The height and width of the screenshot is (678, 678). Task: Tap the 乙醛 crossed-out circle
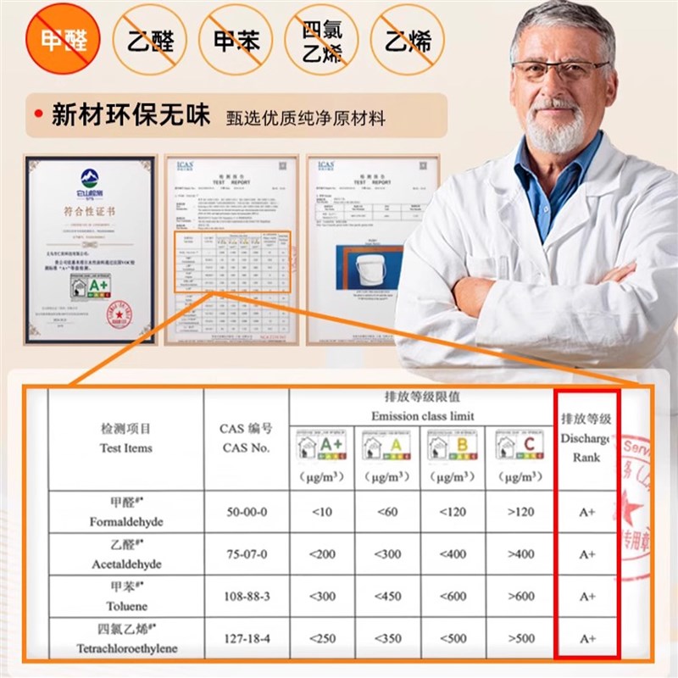pos(150,40)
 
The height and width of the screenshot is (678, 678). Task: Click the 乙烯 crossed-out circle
pos(408,40)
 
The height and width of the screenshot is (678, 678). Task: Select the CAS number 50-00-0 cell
pos(246,513)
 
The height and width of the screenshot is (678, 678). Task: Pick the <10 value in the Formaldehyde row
pos(321,513)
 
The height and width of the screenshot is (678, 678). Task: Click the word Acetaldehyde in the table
pos(125,564)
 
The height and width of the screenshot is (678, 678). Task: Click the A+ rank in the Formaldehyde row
pos(587,513)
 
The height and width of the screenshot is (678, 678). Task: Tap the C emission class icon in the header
pos(520,445)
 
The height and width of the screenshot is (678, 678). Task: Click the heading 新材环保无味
pos(131,116)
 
